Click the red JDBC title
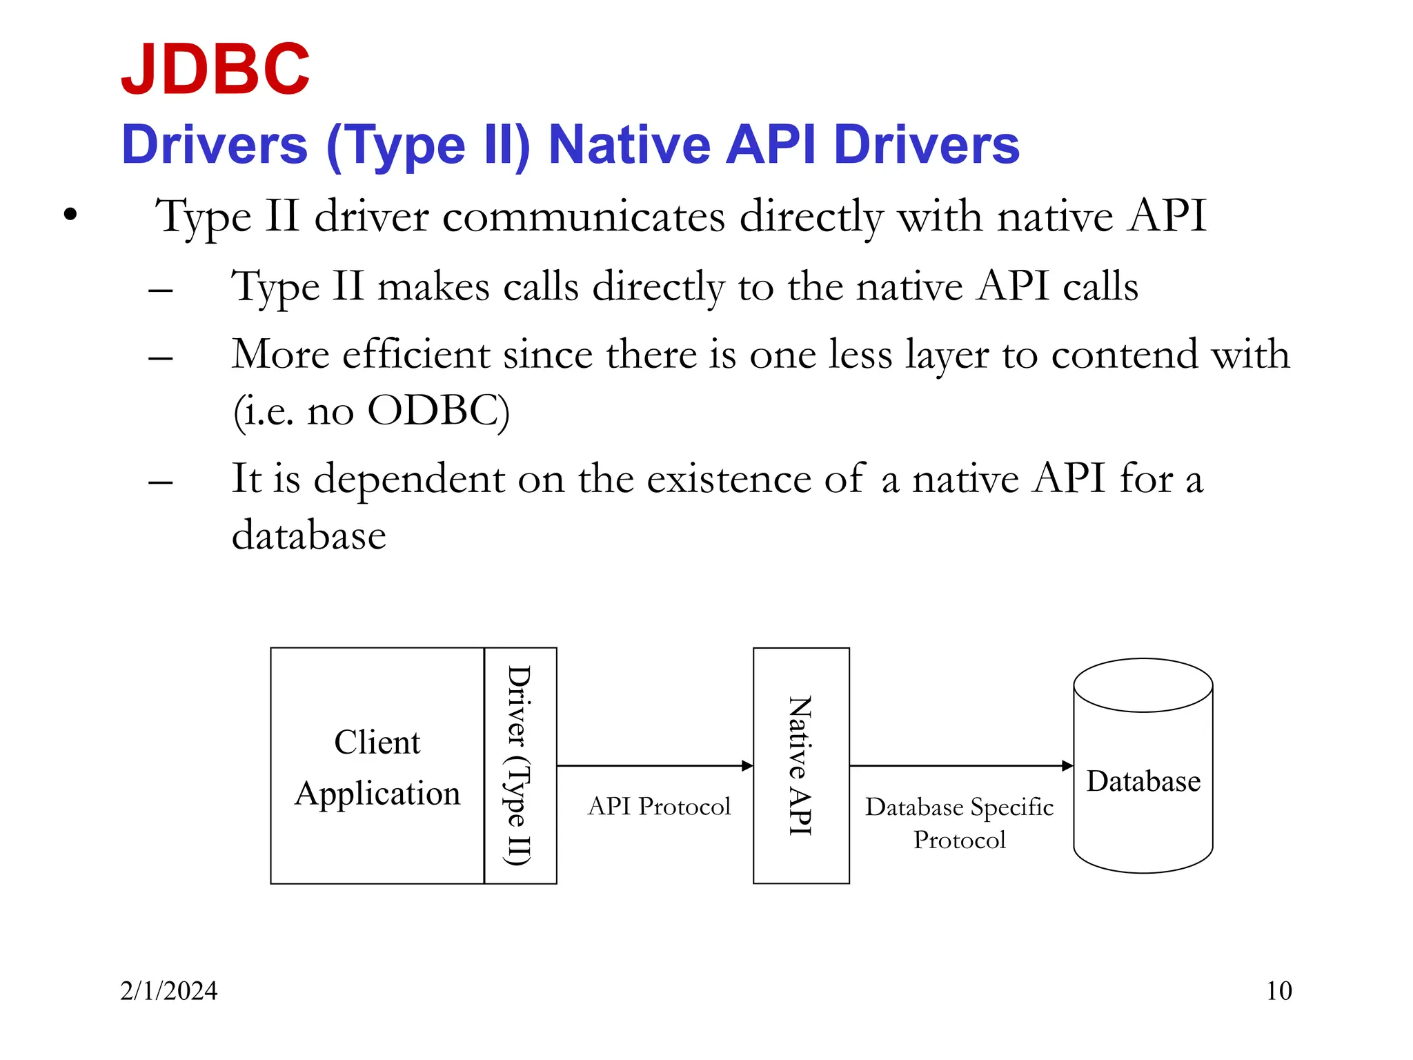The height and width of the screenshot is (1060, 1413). click(x=215, y=69)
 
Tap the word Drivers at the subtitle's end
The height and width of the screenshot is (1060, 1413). click(x=926, y=145)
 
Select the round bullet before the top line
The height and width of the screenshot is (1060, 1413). click(x=70, y=215)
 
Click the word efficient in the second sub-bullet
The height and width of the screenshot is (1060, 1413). click(x=415, y=355)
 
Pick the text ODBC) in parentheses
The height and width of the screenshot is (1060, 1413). click(x=438, y=411)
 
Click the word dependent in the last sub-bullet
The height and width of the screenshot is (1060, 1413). click(x=408, y=478)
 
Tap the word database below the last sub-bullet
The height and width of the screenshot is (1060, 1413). click(x=308, y=536)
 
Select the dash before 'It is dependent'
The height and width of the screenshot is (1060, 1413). click(x=160, y=482)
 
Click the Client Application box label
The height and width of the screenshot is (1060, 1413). click(x=377, y=767)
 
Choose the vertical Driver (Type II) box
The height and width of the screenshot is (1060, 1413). click(x=520, y=765)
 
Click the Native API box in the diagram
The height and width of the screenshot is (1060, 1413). click(x=800, y=765)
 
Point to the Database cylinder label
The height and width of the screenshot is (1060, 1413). click(x=1143, y=781)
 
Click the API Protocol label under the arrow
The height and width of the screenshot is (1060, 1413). click(x=659, y=806)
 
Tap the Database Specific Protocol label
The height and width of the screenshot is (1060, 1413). click(x=959, y=823)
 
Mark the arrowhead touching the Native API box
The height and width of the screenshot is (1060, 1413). click(x=747, y=765)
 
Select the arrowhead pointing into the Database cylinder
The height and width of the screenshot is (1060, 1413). click(x=1067, y=765)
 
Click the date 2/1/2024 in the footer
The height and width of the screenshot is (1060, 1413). click(x=168, y=991)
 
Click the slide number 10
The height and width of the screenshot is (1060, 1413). click(x=1278, y=991)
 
